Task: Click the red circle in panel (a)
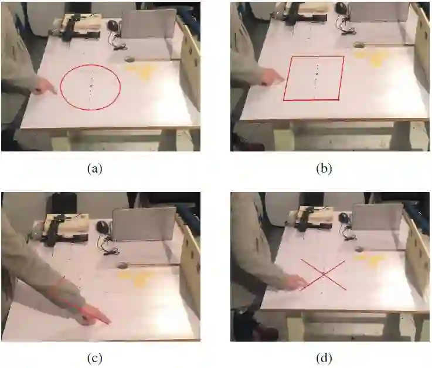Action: [x=60, y=87]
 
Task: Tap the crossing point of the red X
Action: [x=324, y=274]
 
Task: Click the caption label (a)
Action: [x=94, y=168]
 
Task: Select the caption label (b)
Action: [x=324, y=168]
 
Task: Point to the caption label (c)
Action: [x=94, y=358]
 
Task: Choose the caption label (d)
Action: [x=324, y=358]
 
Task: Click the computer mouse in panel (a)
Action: [x=113, y=26]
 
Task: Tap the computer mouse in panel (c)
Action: [x=102, y=226]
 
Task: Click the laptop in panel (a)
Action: [x=149, y=25]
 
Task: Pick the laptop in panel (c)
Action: [x=144, y=224]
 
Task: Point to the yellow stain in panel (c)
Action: [x=136, y=278]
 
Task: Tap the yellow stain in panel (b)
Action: [x=369, y=58]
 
